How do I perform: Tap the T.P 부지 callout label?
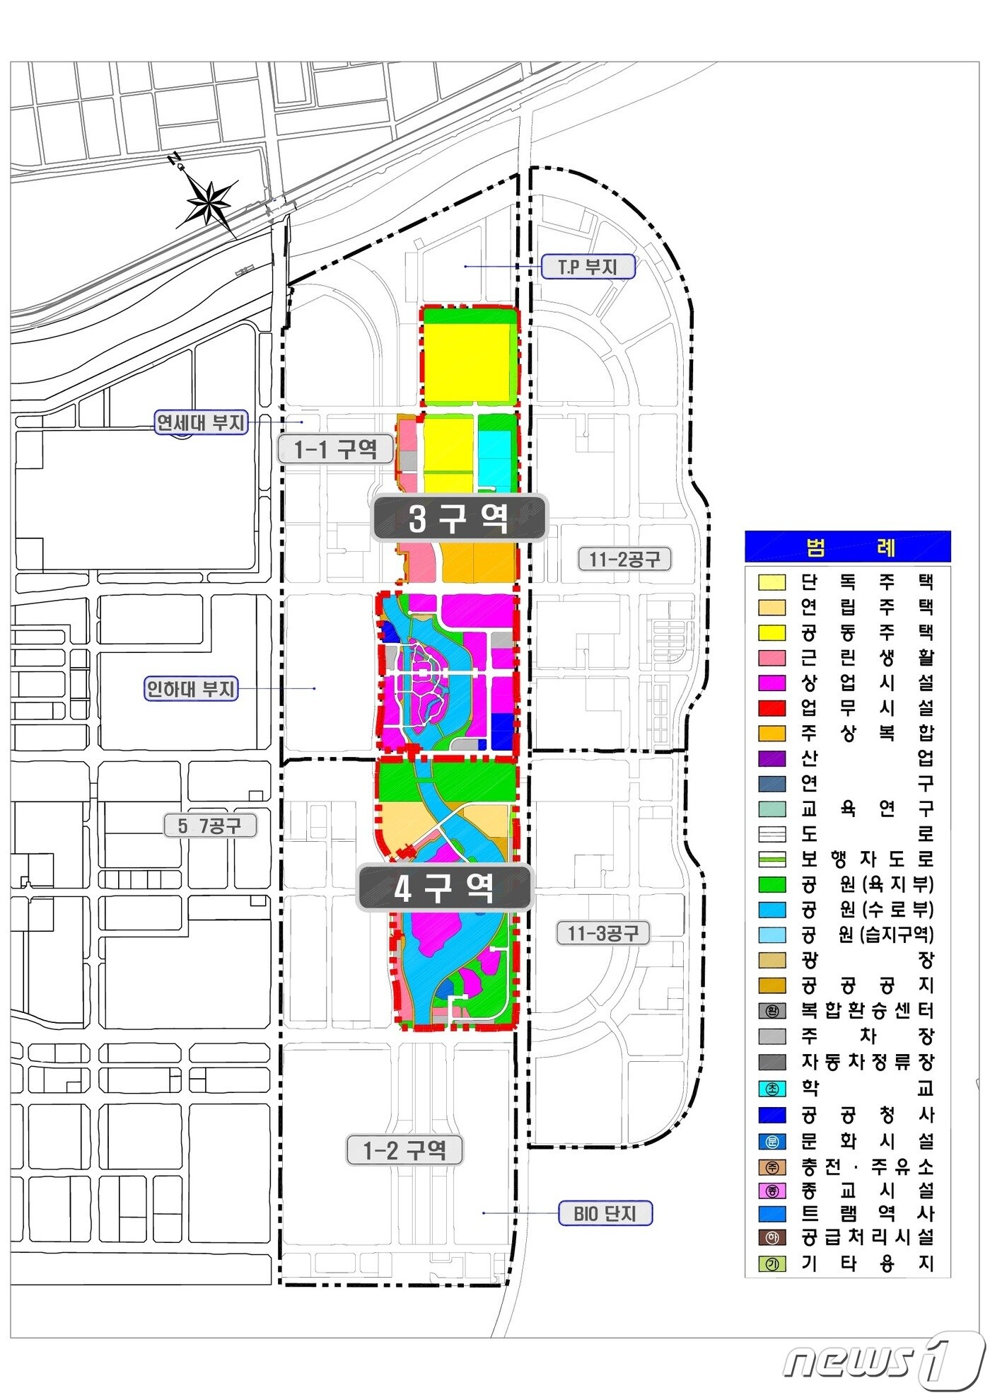point(588,267)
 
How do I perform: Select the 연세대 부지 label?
point(201,423)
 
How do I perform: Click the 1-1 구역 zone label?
point(335,449)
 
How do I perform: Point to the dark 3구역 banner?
point(459,519)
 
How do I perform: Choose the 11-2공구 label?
point(624,559)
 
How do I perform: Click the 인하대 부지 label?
point(191,688)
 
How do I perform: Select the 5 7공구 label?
point(209,826)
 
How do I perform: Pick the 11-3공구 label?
point(603,933)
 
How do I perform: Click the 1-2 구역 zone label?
point(404,1150)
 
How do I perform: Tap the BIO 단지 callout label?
point(605,1213)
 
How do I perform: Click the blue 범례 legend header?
point(848,547)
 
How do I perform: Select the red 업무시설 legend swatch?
point(771,707)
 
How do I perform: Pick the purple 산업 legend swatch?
point(771,758)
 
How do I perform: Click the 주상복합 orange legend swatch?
point(771,733)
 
